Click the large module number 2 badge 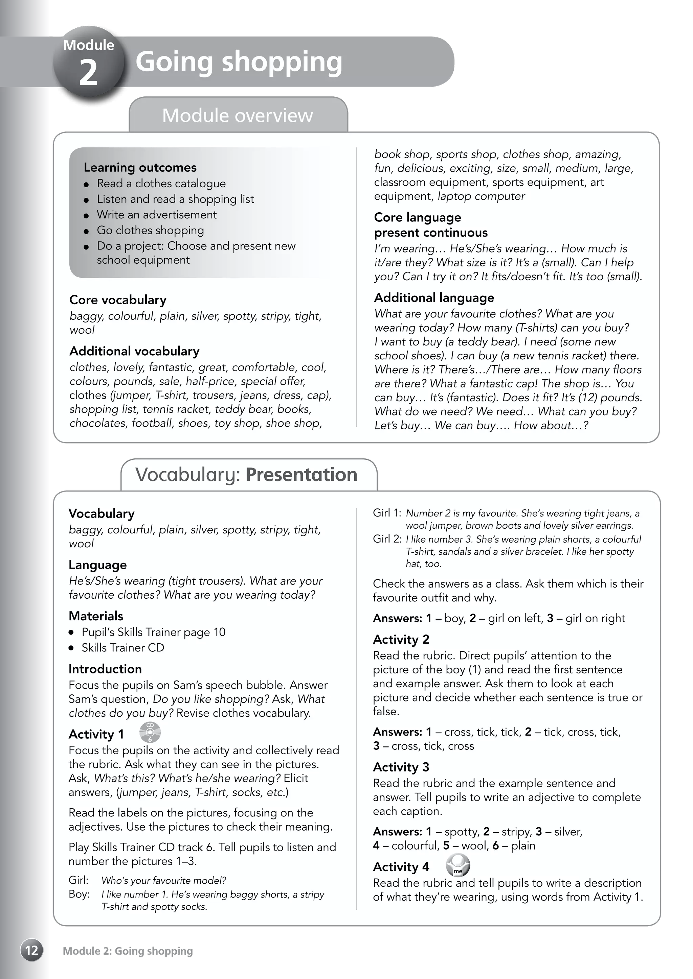click(x=89, y=62)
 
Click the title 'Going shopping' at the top click(x=239, y=62)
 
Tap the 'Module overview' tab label click(x=237, y=116)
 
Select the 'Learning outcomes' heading click(x=140, y=167)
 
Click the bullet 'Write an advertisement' click(x=157, y=214)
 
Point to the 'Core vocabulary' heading click(x=118, y=300)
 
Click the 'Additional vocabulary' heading click(x=134, y=351)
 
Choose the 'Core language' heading click(x=417, y=217)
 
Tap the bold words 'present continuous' click(x=430, y=232)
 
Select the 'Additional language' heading click(x=434, y=297)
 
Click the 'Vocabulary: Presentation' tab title click(x=246, y=475)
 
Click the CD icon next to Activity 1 click(x=150, y=733)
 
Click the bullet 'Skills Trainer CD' click(x=123, y=647)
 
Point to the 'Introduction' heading click(x=105, y=669)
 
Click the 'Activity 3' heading click(x=401, y=767)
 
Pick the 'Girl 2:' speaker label click(x=387, y=539)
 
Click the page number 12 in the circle click(x=31, y=950)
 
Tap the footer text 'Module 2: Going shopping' click(x=128, y=951)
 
